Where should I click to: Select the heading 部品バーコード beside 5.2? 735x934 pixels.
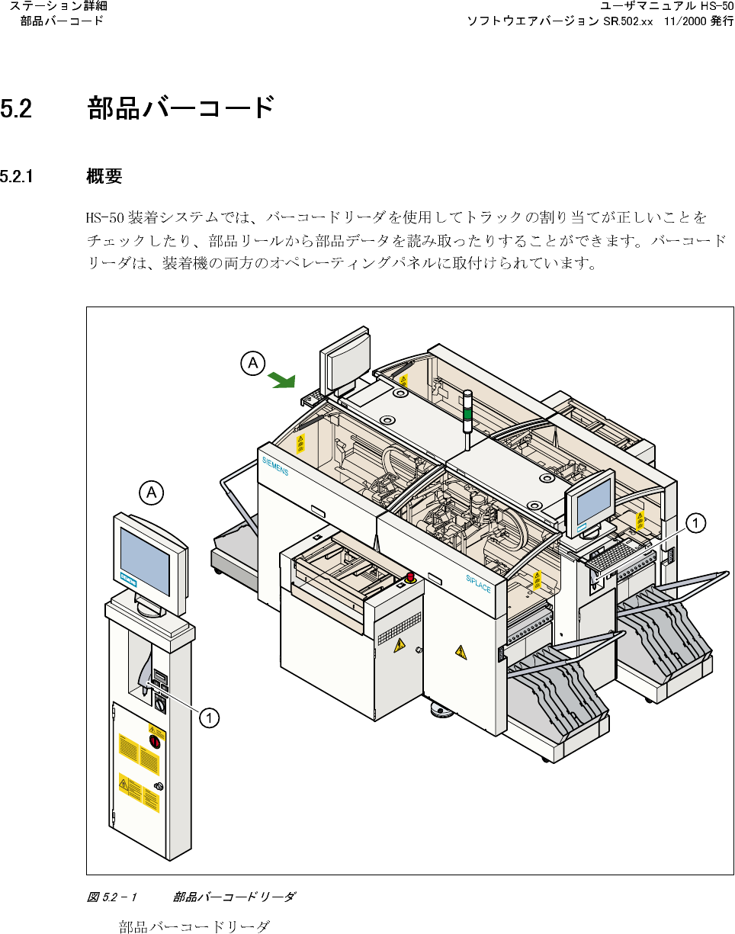(x=181, y=108)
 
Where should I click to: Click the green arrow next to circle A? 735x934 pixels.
(x=284, y=378)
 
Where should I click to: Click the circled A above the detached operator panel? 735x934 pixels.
(x=152, y=493)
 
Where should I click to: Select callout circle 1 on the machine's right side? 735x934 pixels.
(x=695, y=522)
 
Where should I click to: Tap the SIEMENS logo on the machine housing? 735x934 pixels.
(x=275, y=467)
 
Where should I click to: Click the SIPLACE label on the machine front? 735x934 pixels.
(x=479, y=589)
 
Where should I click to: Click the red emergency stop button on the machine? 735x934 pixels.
(x=409, y=576)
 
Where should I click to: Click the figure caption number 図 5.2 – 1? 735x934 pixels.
(x=111, y=897)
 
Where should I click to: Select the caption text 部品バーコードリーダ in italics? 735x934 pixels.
(x=234, y=897)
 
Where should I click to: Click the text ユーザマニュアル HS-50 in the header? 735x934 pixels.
(x=666, y=7)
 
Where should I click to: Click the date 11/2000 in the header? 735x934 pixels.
(x=684, y=21)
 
